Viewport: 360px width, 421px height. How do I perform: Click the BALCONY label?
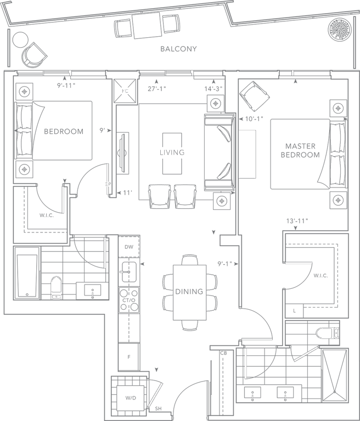(x=178, y=49)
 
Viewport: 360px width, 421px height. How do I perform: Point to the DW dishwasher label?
(x=129, y=248)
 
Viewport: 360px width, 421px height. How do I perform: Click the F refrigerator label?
(x=130, y=356)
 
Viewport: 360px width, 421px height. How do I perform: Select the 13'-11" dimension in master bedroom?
(x=297, y=221)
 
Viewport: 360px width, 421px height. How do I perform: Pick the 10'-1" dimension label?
(x=251, y=117)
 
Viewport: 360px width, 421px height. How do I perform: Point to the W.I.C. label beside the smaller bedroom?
(x=46, y=215)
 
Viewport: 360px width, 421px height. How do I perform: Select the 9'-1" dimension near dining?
(x=225, y=264)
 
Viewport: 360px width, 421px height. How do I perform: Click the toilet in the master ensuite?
(x=327, y=332)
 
